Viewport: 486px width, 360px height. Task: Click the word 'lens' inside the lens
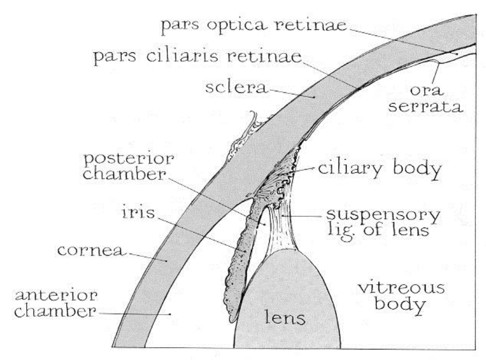point(285,319)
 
